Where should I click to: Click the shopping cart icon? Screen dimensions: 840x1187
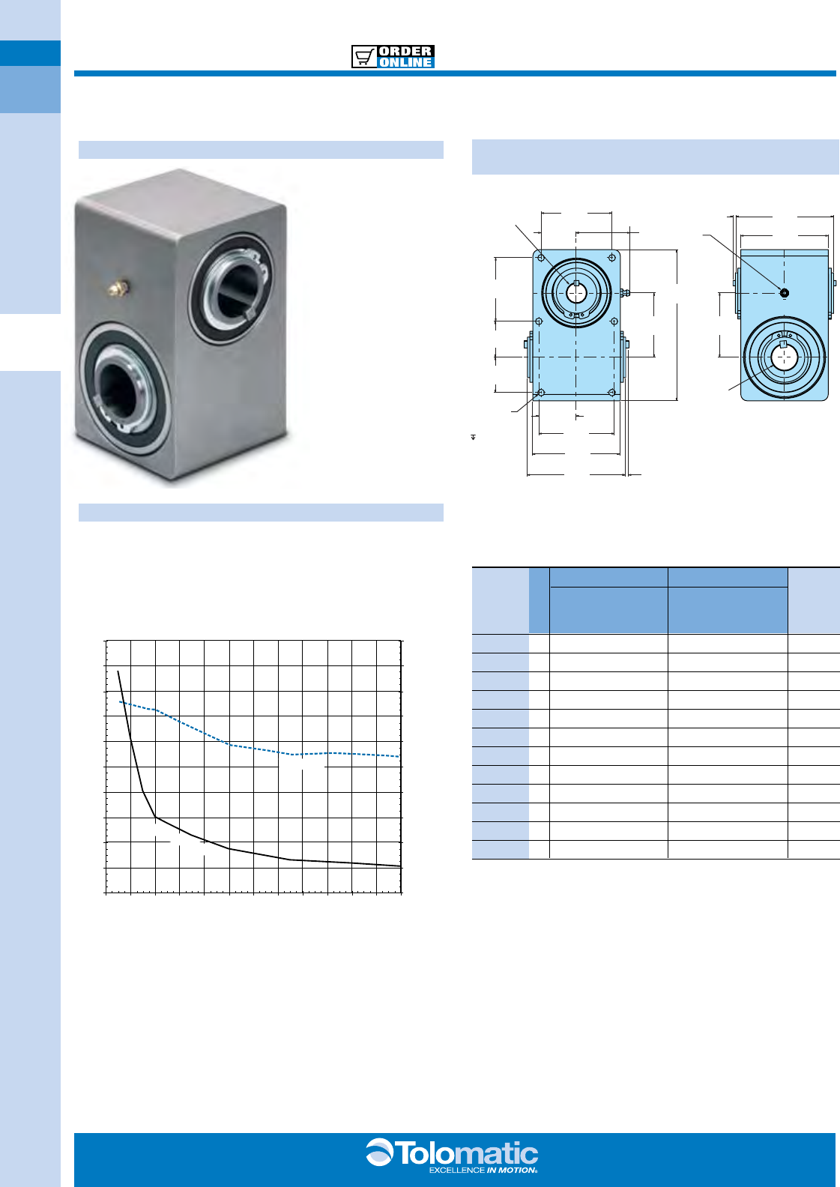[x=363, y=57]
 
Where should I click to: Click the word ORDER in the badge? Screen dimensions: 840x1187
[x=405, y=52]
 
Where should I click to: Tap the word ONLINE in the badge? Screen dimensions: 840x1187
[x=405, y=62]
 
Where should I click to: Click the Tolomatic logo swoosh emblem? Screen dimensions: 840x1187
[x=380, y=1152]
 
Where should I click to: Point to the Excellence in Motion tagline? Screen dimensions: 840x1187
[x=483, y=1170]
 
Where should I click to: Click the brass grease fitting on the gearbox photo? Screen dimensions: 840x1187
[x=118, y=287]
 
